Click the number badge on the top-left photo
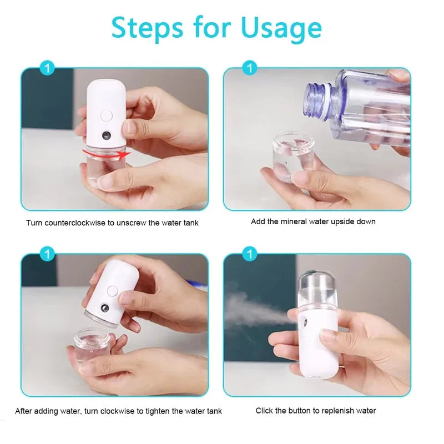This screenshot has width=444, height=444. (x=48, y=69)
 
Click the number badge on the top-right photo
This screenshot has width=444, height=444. (x=250, y=69)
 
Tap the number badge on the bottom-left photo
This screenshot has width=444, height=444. (x=48, y=255)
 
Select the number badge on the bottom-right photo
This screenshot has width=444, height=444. (x=250, y=255)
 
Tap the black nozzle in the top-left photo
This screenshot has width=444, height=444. (x=105, y=135)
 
